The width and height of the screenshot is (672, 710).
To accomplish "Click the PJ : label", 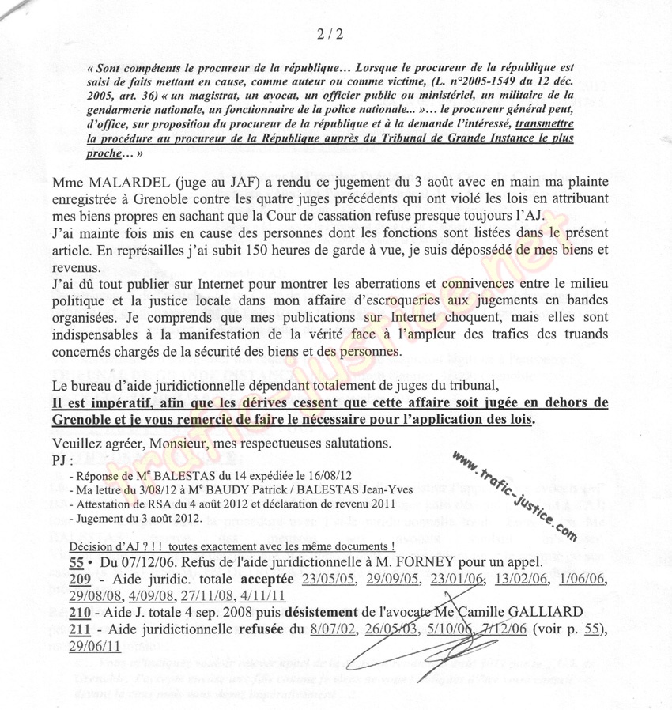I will (63, 459).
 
